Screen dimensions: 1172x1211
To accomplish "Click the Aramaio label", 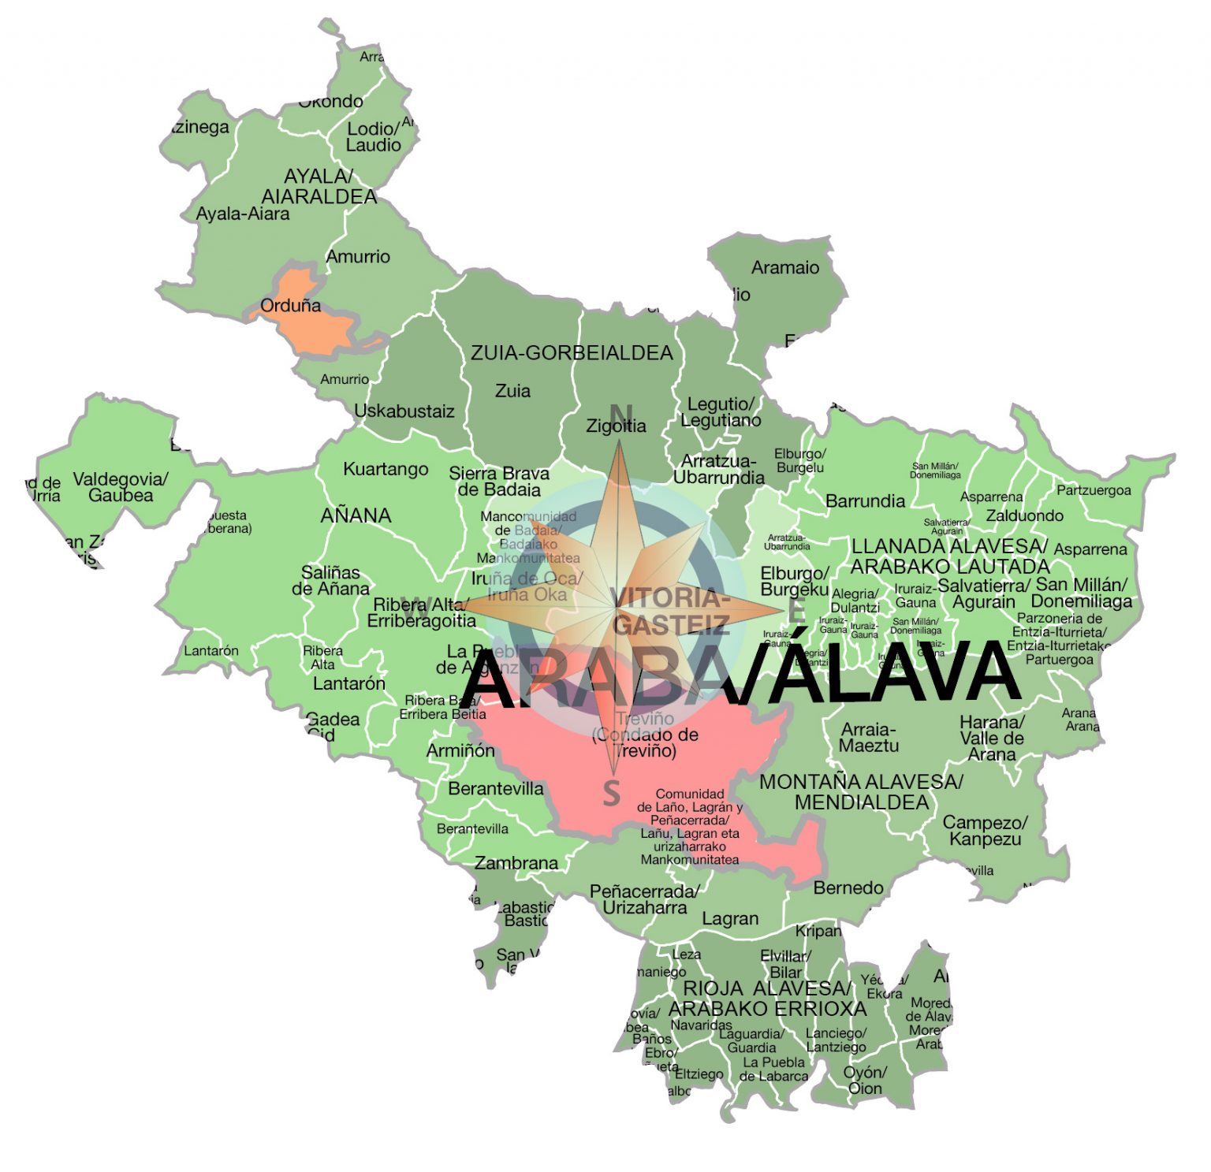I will pyautogui.click(x=784, y=268).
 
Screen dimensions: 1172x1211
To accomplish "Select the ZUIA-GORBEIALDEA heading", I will pyautogui.click(x=572, y=353).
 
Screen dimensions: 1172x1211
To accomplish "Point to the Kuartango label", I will pyautogui.click(x=386, y=470).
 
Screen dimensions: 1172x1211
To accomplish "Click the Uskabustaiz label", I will pyautogui.click(x=404, y=411).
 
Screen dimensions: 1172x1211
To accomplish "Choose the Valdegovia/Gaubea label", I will pyautogui.click(x=121, y=487).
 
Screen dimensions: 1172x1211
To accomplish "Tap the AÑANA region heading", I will pyautogui.click(x=356, y=515).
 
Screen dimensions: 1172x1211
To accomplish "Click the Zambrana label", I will pyautogui.click(x=516, y=864).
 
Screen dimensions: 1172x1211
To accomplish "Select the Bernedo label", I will pyautogui.click(x=848, y=888).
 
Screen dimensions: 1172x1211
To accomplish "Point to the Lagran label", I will pyautogui.click(x=730, y=919).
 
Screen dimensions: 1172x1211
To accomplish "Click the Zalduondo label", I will pyautogui.click(x=1024, y=515).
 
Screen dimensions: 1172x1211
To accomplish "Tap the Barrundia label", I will pyautogui.click(x=865, y=501).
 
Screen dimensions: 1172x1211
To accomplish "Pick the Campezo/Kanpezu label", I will pyautogui.click(x=985, y=831).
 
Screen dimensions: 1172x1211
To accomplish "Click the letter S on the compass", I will pyautogui.click(x=612, y=793).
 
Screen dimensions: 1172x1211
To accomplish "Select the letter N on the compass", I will pyautogui.click(x=620, y=413).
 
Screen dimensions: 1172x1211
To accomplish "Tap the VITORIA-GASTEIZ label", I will pyautogui.click(x=671, y=611).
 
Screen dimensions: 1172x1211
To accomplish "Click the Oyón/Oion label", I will pyautogui.click(x=865, y=1081).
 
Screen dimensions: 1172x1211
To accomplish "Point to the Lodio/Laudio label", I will pyautogui.click(x=374, y=137).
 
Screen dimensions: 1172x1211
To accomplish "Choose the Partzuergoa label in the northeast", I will pyautogui.click(x=1094, y=490).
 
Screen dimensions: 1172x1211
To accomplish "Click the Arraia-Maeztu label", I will pyautogui.click(x=868, y=737).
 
